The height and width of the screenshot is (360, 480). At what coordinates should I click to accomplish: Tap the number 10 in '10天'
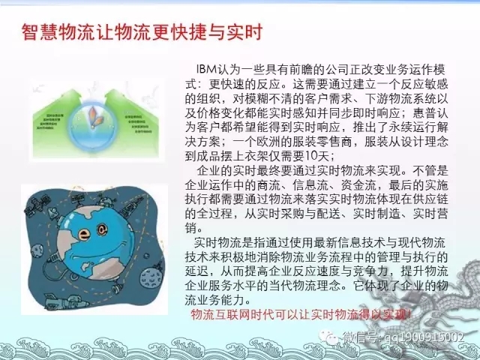pyautogui.click(x=301, y=157)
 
